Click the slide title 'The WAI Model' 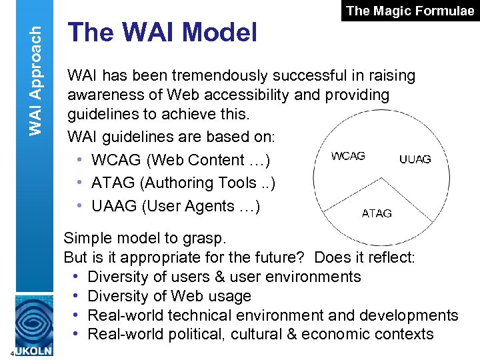pos(163,32)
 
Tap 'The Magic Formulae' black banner pos(411,11)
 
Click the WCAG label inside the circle pos(348,156)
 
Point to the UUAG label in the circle pos(415,159)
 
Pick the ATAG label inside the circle pos(377,213)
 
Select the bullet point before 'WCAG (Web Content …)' pos(79,160)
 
